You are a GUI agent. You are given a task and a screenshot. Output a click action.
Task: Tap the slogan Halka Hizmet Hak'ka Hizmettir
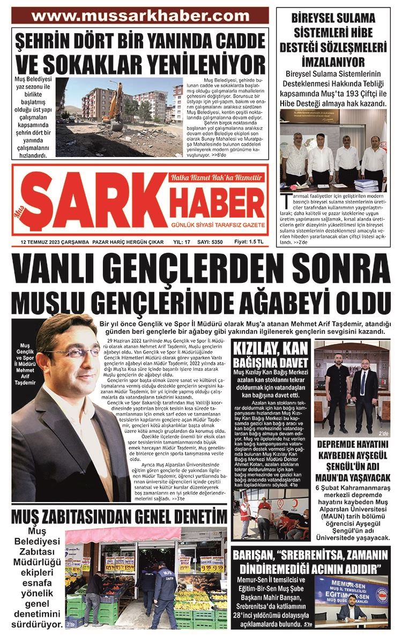point(215,177)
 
